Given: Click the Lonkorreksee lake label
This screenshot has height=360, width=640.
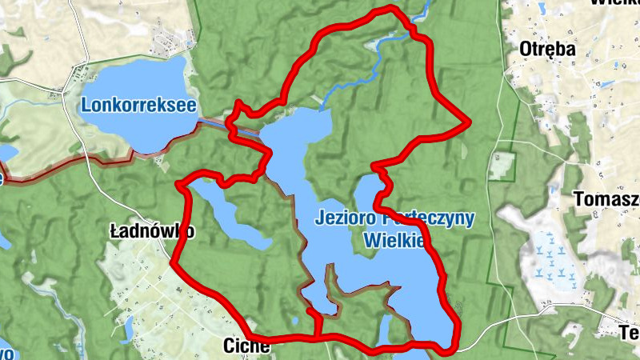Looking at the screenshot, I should pyautogui.click(x=138, y=106).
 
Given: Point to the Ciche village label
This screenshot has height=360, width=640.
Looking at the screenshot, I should pyautogui.click(x=241, y=346).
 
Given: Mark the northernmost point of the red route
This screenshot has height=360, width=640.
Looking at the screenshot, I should pyautogui.click(x=391, y=9).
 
